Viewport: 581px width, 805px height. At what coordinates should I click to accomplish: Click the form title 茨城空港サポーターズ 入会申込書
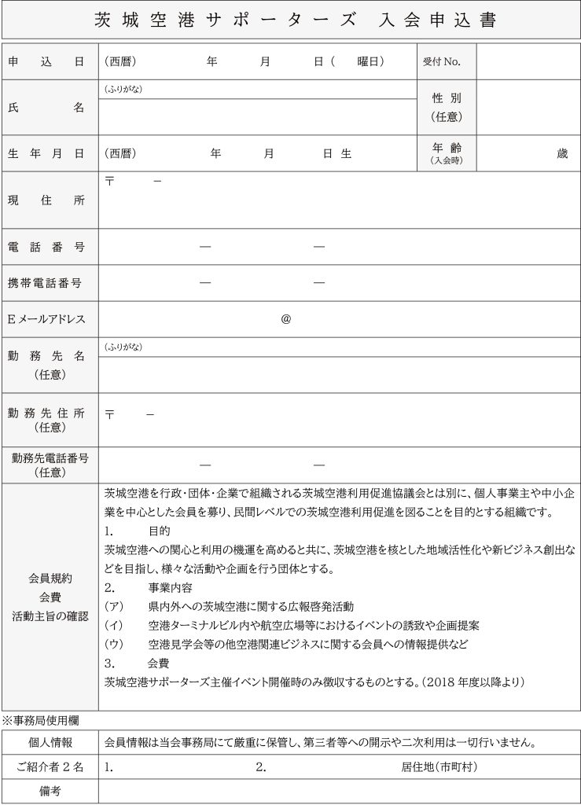pyautogui.click(x=290, y=20)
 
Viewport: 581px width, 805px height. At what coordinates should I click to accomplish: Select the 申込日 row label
pyautogui.click(x=49, y=61)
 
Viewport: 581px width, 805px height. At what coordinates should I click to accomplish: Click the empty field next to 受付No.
pyautogui.click(x=528, y=61)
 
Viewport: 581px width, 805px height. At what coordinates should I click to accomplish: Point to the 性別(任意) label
pyautogui.click(x=446, y=107)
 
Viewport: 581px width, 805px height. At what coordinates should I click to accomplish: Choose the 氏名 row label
pyautogui.click(x=49, y=108)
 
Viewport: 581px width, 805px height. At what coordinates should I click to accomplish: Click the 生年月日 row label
pyautogui.click(x=49, y=154)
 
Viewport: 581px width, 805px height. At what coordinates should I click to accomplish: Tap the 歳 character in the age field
pyautogui.click(x=561, y=154)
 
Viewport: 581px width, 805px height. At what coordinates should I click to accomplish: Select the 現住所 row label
pyautogui.click(x=49, y=200)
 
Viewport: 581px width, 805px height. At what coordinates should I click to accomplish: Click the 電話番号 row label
pyautogui.click(x=49, y=247)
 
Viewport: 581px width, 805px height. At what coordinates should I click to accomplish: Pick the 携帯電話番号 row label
pyautogui.click(x=49, y=283)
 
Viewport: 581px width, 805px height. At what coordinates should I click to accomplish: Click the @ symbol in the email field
pyautogui.click(x=285, y=319)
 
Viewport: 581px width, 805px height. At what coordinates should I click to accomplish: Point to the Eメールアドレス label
pyautogui.click(x=49, y=319)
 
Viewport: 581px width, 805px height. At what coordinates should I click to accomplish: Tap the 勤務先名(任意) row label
pyautogui.click(x=49, y=365)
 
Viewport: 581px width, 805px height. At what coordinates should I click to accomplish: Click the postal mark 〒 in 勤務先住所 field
pyautogui.click(x=109, y=414)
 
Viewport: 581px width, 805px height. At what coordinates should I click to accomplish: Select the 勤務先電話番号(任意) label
pyautogui.click(x=49, y=465)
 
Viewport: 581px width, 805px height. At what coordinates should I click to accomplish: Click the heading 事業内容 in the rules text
pyautogui.click(x=170, y=587)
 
